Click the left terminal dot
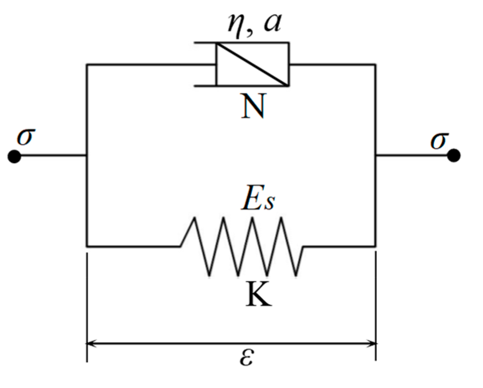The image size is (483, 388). pos(14,156)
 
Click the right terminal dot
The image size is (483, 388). pos(454,155)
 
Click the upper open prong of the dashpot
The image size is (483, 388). pos(205,42)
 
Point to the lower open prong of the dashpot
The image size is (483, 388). pos(205,85)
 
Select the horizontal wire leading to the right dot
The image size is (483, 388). pos(413,155)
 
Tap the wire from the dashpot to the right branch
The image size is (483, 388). pos(332,64)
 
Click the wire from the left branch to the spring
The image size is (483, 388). pos(133,246)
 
